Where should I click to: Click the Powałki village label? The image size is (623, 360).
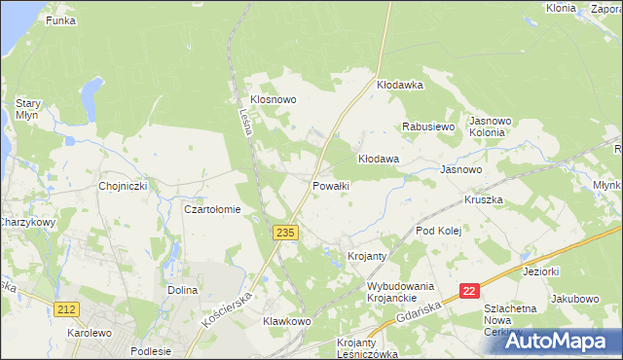coord(331,185)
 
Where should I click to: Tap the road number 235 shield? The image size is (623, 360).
coord(284,233)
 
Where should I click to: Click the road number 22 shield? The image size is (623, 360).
coord(470,291)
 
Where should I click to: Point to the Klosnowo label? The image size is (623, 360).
coord(273,99)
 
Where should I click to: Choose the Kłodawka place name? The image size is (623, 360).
coord(400,86)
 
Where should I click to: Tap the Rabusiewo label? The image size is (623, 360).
coord(429,126)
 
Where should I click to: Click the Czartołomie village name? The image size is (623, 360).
coord(212,209)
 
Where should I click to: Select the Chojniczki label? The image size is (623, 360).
coord(122,185)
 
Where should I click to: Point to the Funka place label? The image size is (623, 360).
coord(60,20)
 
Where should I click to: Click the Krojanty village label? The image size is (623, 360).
coord(368,256)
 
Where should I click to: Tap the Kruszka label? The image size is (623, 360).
coord(483,199)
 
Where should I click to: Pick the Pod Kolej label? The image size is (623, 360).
coord(437,231)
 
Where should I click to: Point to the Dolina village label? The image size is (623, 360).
coord(183,290)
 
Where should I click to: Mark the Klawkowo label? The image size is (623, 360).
coord(286,321)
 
